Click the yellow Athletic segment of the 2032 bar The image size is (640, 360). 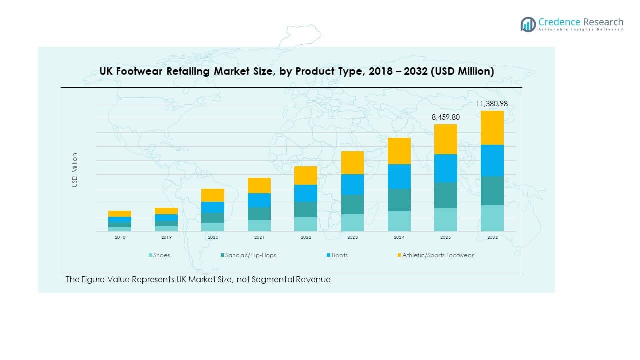tap(492, 128)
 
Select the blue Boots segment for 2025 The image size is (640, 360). tap(445, 168)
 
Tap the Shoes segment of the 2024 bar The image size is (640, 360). tap(399, 221)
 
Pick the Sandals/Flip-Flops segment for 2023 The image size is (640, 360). tap(352, 204)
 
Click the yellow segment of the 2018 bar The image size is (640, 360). tap(120, 214)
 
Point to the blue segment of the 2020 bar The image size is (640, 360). tap(213, 207)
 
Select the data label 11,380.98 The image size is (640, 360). tap(492, 104)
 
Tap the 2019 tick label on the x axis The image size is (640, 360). tap(166, 238)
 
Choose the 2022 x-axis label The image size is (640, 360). tap(306, 238)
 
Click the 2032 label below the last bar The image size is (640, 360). tap(492, 238)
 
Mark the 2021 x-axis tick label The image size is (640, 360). tap(259, 238)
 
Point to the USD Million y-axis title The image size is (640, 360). tap(75, 170)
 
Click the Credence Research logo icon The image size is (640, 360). tap(528, 24)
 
